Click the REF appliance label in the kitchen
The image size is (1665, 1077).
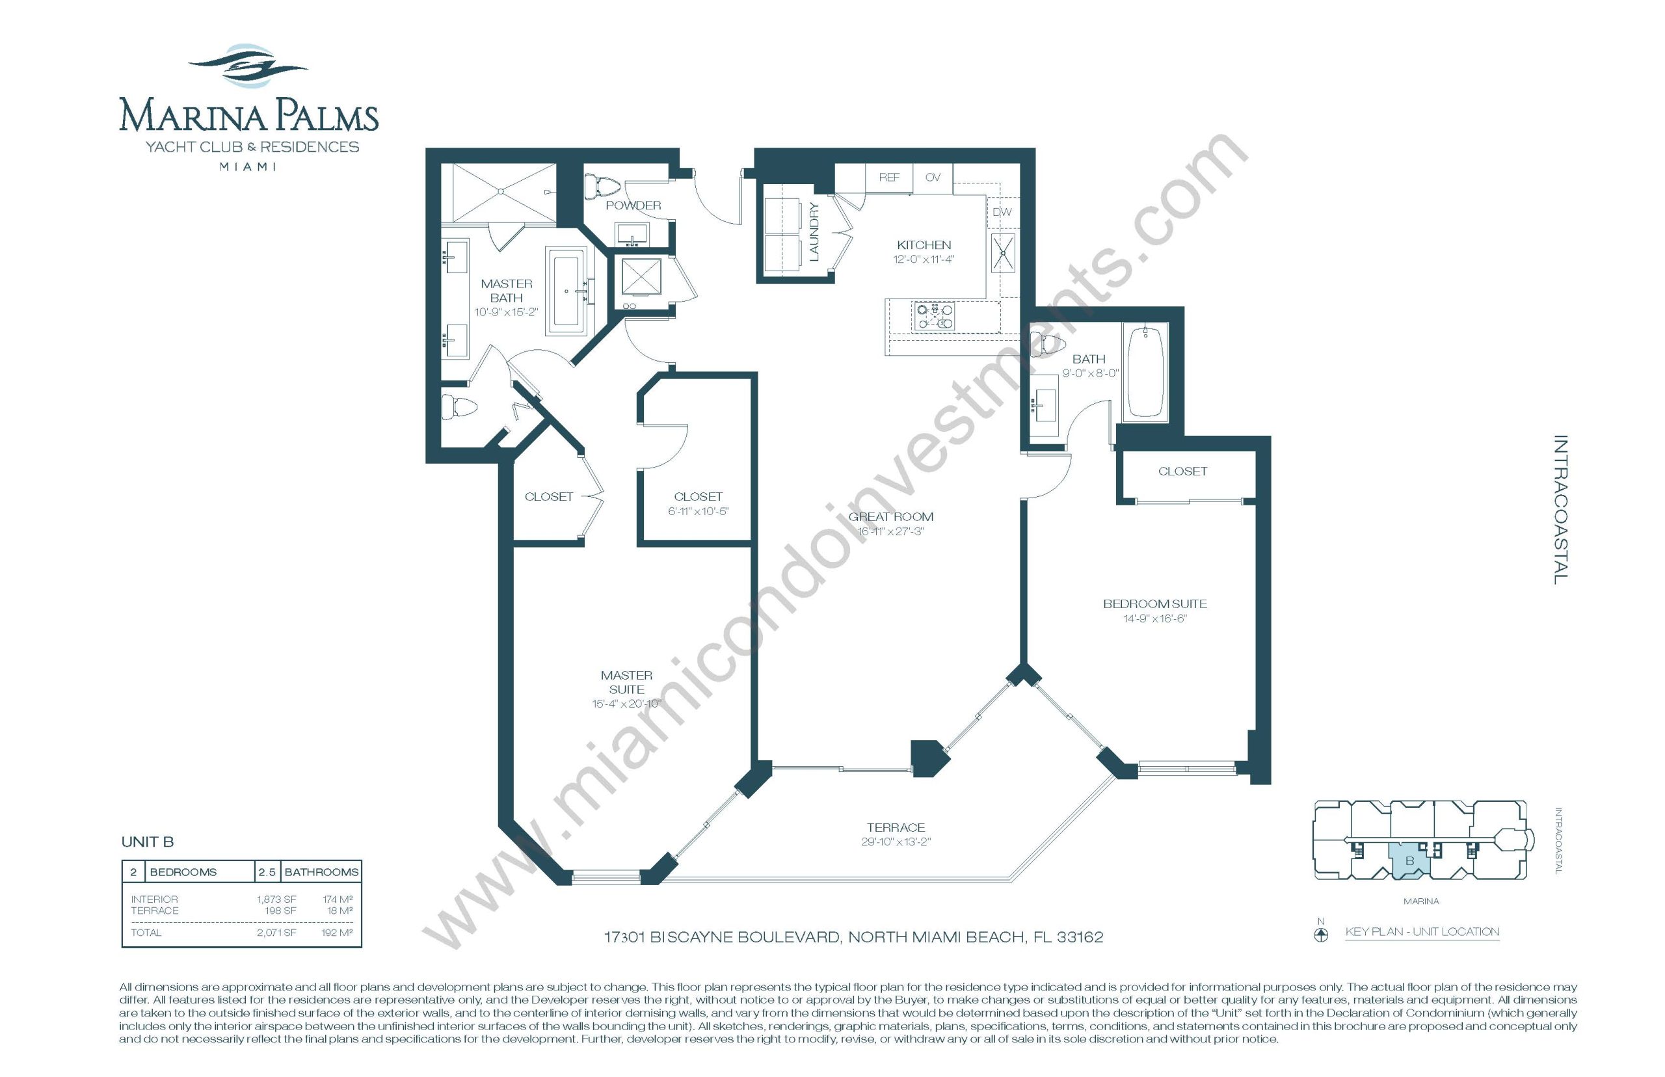(x=889, y=178)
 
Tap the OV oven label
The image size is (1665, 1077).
(x=933, y=178)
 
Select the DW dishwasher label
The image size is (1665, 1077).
(x=1002, y=212)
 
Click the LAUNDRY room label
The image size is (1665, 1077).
(x=813, y=232)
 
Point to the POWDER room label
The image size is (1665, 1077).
(x=633, y=206)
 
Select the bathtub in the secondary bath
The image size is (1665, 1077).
(x=1145, y=371)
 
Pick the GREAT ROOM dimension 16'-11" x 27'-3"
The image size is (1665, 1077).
(x=891, y=531)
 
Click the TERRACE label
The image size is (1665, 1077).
(x=896, y=827)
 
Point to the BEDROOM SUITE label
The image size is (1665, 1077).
(x=1154, y=604)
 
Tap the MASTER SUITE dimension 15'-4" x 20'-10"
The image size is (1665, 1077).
(x=626, y=704)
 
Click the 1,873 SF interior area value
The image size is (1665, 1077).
(x=276, y=899)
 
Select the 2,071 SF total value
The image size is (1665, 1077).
(x=276, y=932)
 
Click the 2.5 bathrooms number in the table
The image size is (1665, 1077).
(x=267, y=872)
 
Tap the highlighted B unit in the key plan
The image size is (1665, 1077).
(x=1409, y=861)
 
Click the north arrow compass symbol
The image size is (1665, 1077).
(x=1321, y=936)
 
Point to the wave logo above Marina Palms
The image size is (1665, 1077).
(x=248, y=67)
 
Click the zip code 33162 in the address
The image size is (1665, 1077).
(x=1080, y=937)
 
